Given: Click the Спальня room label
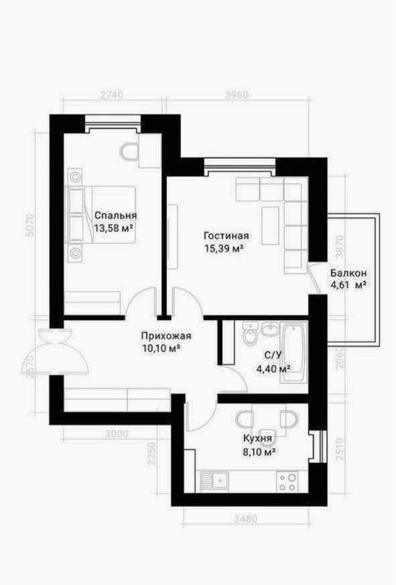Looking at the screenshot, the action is click(115, 216).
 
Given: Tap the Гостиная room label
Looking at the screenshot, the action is click(226, 236).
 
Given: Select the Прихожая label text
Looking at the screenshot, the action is click(166, 336).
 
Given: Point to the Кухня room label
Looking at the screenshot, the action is click(257, 439).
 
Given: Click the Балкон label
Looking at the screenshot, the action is click(348, 273).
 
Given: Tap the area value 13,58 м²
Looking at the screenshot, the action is click(114, 228).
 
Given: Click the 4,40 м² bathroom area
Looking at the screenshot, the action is click(273, 369).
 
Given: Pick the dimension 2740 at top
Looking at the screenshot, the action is click(111, 94).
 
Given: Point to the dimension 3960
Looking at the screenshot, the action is click(236, 94).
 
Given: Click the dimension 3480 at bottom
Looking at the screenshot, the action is click(246, 519).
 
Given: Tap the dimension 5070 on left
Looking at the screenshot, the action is click(29, 225).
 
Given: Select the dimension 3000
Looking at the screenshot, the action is click(117, 434).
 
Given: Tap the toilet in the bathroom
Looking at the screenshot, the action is click(250, 333).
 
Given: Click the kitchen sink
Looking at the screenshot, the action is click(215, 481).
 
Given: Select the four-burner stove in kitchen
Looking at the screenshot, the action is click(288, 481).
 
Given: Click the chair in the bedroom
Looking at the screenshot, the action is click(129, 152).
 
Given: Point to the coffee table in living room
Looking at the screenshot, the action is click(270, 226).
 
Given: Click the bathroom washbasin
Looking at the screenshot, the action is click(270, 328).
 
